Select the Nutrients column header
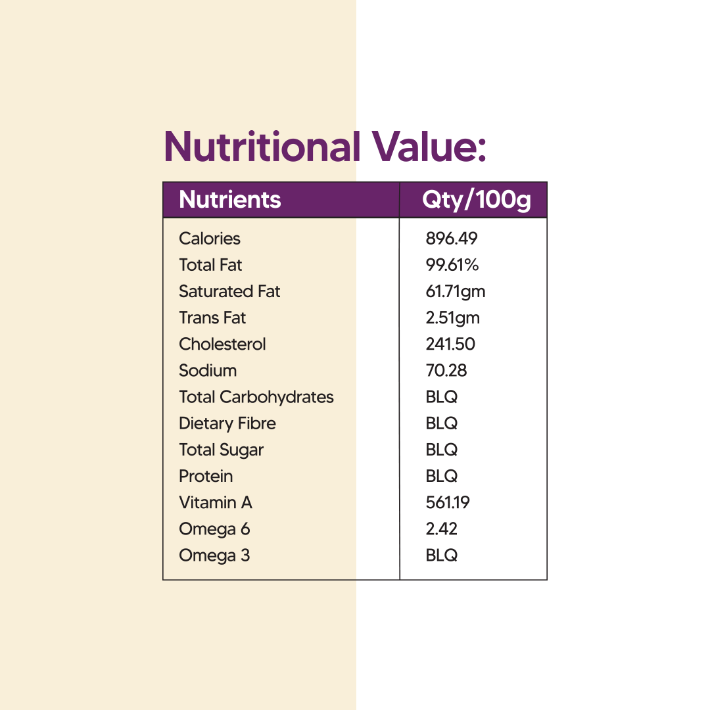(230, 200)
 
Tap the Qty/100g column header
(477, 200)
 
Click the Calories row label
(210, 239)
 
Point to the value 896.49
(452, 239)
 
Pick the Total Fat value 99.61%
(452, 265)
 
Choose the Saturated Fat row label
(229, 291)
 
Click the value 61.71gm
(456, 291)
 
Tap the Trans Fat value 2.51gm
(453, 318)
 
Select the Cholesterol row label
(222, 344)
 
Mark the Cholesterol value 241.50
(450, 344)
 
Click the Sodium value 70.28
(446, 370)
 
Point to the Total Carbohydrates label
(256, 397)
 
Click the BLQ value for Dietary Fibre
(442, 423)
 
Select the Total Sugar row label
(221, 450)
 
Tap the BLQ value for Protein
(442, 476)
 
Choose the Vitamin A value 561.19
(448, 502)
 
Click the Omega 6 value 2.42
(442, 529)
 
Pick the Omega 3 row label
(214, 556)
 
